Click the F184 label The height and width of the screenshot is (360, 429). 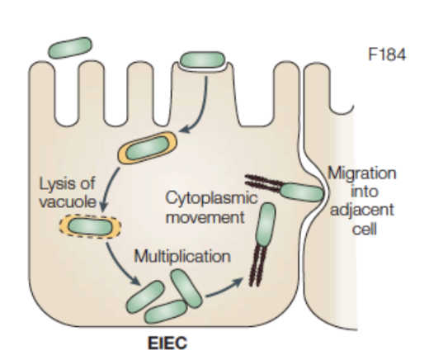tap(387, 54)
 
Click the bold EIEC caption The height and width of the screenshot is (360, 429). tap(167, 343)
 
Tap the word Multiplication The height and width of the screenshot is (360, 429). tap(182, 257)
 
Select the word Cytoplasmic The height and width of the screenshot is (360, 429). tap(211, 198)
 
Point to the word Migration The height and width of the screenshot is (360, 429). tap(362, 174)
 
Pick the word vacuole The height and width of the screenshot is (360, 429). tap(68, 201)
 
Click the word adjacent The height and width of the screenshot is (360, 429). tap(362, 211)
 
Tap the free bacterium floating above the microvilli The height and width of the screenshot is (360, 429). tap(70, 48)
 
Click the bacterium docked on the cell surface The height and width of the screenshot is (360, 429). tap(203, 59)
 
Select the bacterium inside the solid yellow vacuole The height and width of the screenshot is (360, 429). tap(148, 147)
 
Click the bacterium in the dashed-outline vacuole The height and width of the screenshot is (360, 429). tap(90, 226)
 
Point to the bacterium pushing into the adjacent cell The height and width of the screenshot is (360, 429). tap(301, 192)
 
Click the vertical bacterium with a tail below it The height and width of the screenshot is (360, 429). tap(266, 225)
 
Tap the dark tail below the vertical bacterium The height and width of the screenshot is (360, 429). tap(257, 266)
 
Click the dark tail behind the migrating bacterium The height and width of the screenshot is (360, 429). tap(262, 182)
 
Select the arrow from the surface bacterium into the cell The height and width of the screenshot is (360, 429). tap(200, 110)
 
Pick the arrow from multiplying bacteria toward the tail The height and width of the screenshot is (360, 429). tap(224, 287)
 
